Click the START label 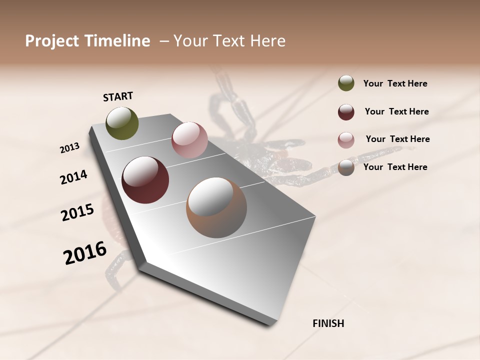(x=118, y=96)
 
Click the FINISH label (x=328, y=323)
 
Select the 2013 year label (x=69, y=148)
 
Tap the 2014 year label (x=73, y=177)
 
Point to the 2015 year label (x=77, y=212)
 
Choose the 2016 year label (x=85, y=253)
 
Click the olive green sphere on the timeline (x=122, y=123)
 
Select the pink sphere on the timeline (x=189, y=140)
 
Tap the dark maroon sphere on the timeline (x=145, y=180)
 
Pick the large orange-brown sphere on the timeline (x=216, y=207)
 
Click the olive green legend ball (x=346, y=83)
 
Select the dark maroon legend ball (x=346, y=112)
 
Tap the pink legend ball (x=346, y=139)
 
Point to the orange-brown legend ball (x=346, y=167)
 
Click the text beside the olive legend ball (x=395, y=83)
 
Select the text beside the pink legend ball (x=397, y=139)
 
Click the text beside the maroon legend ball (x=396, y=111)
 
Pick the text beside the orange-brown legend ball (x=395, y=167)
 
